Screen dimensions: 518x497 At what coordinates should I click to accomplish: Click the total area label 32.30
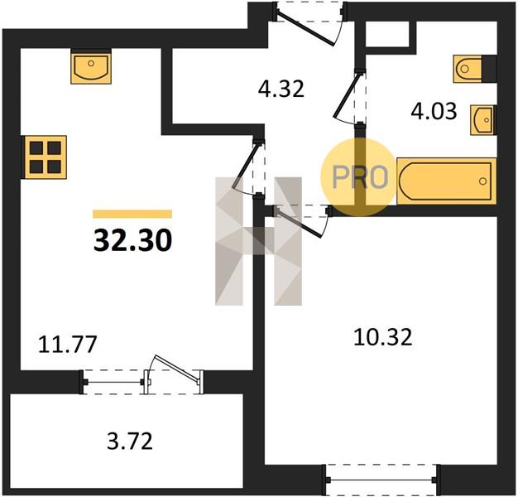point(132,240)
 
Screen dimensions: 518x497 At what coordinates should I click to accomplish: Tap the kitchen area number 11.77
point(67,345)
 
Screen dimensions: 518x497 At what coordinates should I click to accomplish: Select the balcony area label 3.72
point(130,442)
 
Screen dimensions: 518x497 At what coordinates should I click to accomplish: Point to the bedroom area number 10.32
point(383,337)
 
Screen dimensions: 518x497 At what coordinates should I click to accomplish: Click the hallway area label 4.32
point(281,89)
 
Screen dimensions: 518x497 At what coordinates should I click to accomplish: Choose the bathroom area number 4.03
point(434,111)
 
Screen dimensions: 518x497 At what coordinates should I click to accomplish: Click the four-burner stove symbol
point(44,157)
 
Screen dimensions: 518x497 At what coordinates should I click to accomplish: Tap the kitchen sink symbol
point(91,67)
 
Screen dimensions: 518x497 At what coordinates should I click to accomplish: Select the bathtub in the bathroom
point(446,181)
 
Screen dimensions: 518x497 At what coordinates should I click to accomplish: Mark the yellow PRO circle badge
point(358,177)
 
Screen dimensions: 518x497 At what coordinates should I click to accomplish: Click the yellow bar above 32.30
point(132,214)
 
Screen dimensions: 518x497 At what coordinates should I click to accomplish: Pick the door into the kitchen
point(247,167)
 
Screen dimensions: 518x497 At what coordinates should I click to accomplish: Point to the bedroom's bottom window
point(381,480)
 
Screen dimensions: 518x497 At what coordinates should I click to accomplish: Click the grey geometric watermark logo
point(258,241)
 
